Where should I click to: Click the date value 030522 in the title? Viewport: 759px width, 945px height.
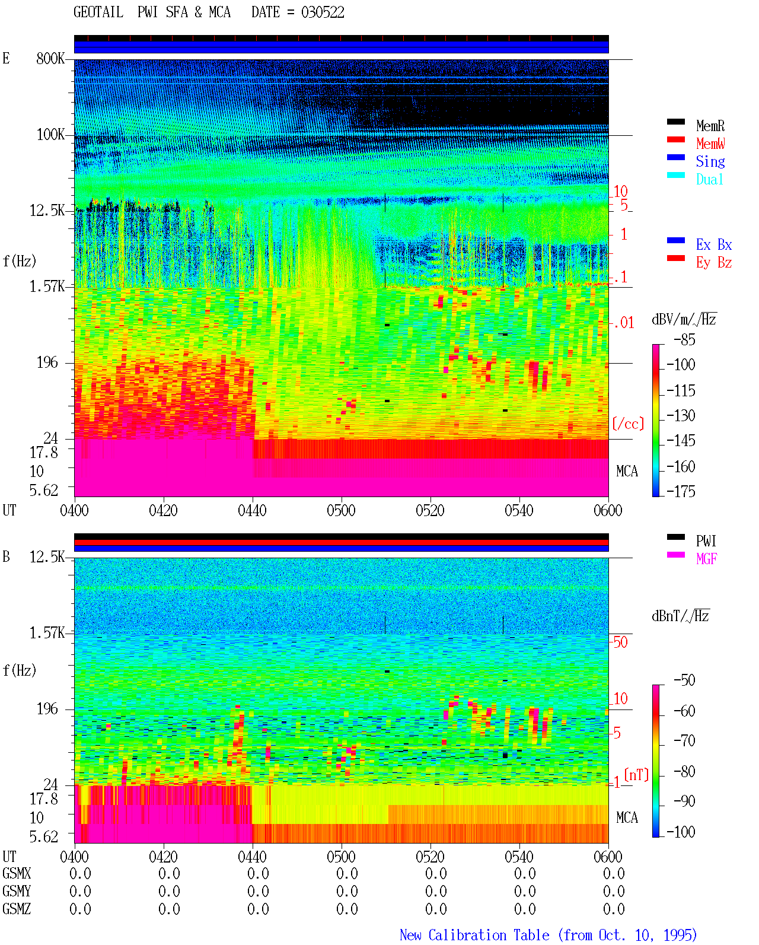pos(323,12)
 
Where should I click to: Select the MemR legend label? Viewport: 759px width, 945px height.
pos(710,126)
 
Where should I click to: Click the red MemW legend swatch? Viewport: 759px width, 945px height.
pos(675,139)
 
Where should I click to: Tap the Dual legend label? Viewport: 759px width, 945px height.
pos(709,179)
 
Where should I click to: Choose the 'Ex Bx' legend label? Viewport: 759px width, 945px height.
pos(714,244)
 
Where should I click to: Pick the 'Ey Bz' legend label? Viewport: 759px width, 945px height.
pos(714,262)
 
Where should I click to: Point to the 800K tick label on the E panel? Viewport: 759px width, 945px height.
pos(50,58)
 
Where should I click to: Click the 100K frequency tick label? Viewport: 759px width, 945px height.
pos(50,135)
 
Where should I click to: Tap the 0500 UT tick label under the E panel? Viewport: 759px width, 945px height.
pos(341,510)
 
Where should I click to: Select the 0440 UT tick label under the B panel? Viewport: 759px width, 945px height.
pos(252,856)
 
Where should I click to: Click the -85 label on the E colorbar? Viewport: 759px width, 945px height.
pos(684,339)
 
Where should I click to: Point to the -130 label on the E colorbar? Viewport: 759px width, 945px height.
pos(681,415)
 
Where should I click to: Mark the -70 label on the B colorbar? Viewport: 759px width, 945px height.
pos(684,741)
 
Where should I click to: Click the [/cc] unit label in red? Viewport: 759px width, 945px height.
pos(628,424)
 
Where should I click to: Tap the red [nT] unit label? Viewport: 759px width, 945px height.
pos(636,775)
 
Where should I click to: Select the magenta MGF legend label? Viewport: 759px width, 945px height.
pos(706,559)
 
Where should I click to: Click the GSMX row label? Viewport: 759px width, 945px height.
pos(17,873)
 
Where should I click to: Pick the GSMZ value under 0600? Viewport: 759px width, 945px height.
pos(614,909)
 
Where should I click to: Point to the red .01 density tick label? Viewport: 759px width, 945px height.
pos(624,323)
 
